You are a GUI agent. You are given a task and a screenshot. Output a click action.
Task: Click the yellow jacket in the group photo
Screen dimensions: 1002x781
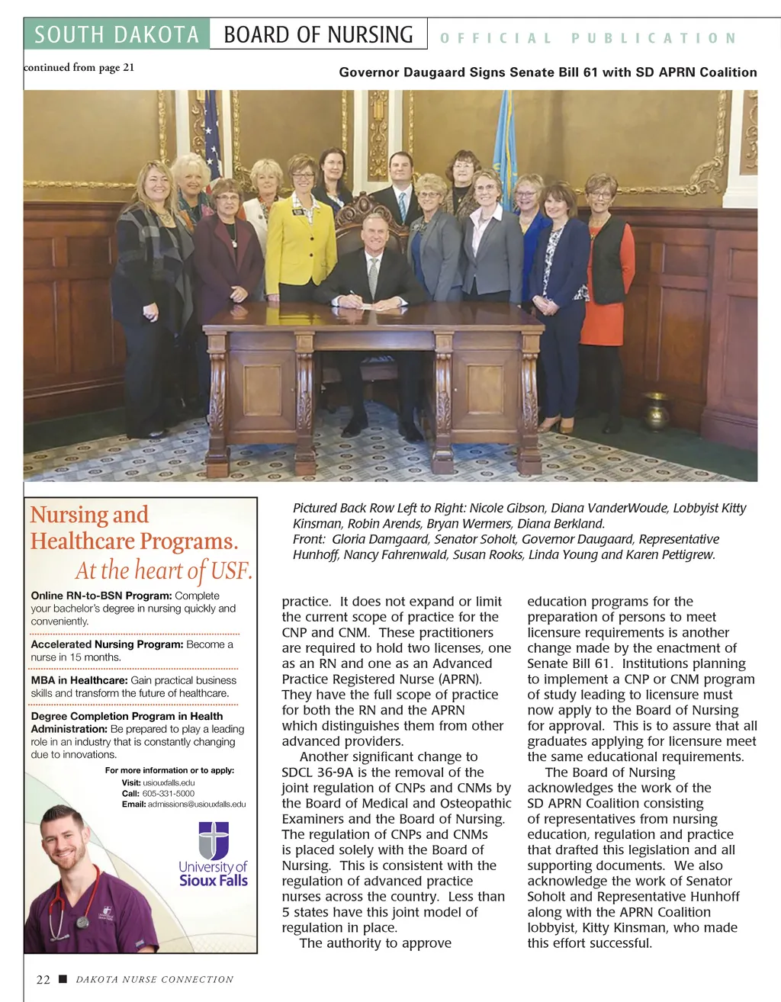pyautogui.click(x=300, y=244)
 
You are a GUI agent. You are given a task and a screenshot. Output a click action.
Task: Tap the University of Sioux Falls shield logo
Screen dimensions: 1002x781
pyautogui.click(x=214, y=840)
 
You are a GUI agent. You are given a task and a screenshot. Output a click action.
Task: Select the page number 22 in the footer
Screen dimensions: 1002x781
pyautogui.click(x=43, y=980)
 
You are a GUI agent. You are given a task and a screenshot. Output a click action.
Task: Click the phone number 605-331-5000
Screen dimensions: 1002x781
pyautogui.click(x=168, y=793)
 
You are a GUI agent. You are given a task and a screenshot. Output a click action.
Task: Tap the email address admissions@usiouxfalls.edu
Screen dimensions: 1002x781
pyautogui.click(x=196, y=804)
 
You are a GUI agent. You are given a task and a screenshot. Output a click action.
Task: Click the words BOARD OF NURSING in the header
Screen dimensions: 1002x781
pyautogui.click(x=318, y=35)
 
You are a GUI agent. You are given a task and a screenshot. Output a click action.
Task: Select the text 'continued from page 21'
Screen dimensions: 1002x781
pyautogui.click(x=79, y=67)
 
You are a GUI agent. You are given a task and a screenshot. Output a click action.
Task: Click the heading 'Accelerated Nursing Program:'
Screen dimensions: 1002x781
pyautogui.click(x=107, y=644)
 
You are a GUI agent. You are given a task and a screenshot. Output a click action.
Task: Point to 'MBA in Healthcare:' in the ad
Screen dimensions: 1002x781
pyautogui.click(x=79, y=680)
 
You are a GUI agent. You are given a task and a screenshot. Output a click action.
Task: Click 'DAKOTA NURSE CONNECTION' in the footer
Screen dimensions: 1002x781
pyautogui.click(x=155, y=980)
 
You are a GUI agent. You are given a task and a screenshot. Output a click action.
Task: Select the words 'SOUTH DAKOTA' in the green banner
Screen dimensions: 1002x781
pyautogui.click(x=117, y=35)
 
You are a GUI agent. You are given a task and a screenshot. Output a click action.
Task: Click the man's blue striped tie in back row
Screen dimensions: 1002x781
pyautogui.click(x=402, y=204)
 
